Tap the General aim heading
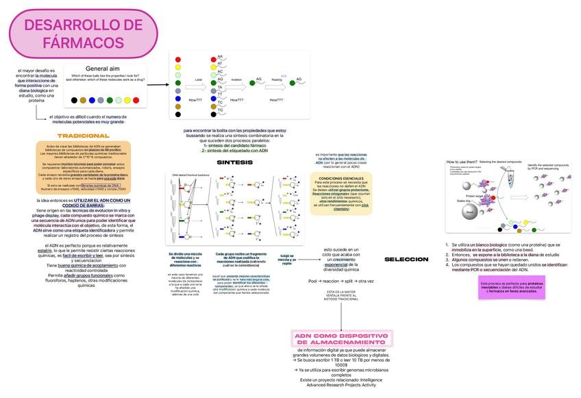click(x=103, y=68)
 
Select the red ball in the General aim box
click(x=136, y=100)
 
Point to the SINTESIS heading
click(x=234, y=162)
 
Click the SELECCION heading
click(x=406, y=259)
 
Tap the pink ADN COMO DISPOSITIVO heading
click(x=341, y=338)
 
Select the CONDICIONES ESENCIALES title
click(x=341, y=178)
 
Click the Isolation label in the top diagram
click(x=236, y=80)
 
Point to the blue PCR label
click(x=284, y=76)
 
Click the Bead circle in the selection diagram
click(x=469, y=212)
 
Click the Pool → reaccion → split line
click(x=341, y=281)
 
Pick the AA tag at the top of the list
click(x=220, y=56)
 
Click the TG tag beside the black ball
click(x=220, y=110)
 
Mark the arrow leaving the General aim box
click(x=160, y=80)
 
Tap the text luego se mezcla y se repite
click(x=286, y=259)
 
